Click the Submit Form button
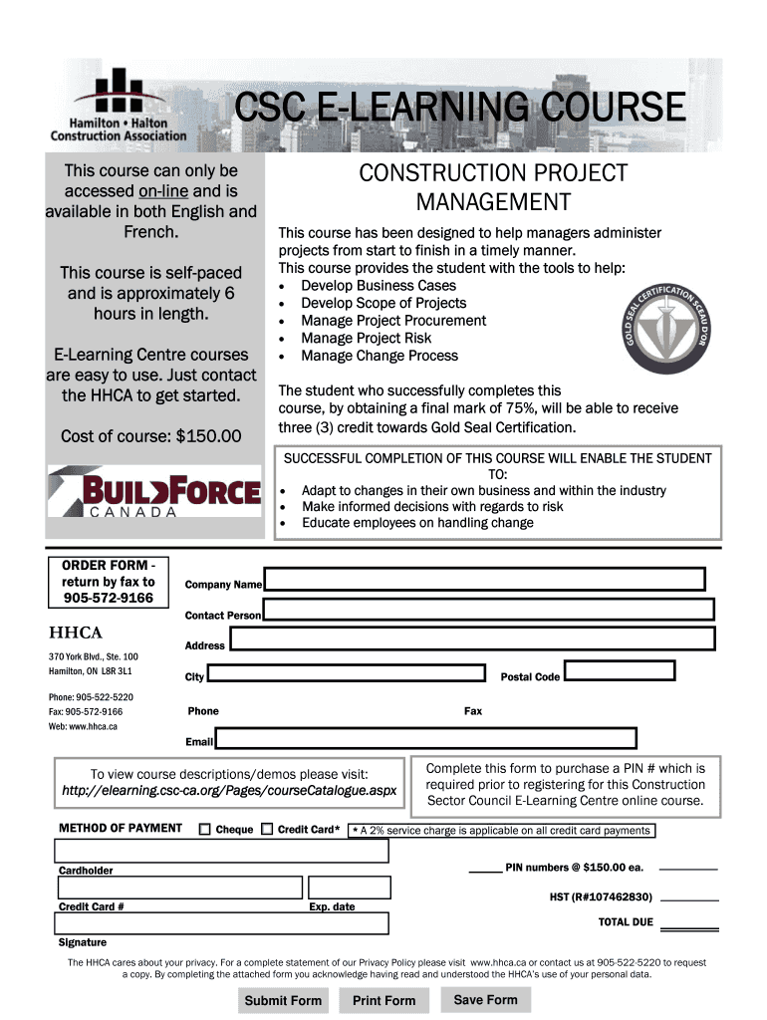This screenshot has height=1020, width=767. (x=283, y=1000)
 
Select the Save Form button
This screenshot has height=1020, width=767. (x=485, y=999)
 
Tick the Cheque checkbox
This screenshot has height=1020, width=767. (x=204, y=829)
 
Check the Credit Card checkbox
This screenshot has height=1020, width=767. (x=266, y=829)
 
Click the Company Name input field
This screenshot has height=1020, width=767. (x=484, y=579)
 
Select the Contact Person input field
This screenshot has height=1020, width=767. (x=488, y=610)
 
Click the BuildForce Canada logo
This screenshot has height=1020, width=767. (x=154, y=492)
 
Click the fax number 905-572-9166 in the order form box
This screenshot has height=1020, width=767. (x=109, y=598)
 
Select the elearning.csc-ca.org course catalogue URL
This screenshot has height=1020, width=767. (x=229, y=791)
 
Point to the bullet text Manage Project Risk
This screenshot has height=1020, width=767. (x=366, y=338)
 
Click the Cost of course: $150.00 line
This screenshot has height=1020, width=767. (x=150, y=436)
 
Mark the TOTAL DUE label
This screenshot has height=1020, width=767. (x=626, y=922)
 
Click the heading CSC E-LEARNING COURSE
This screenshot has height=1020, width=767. (x=459, y=108)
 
